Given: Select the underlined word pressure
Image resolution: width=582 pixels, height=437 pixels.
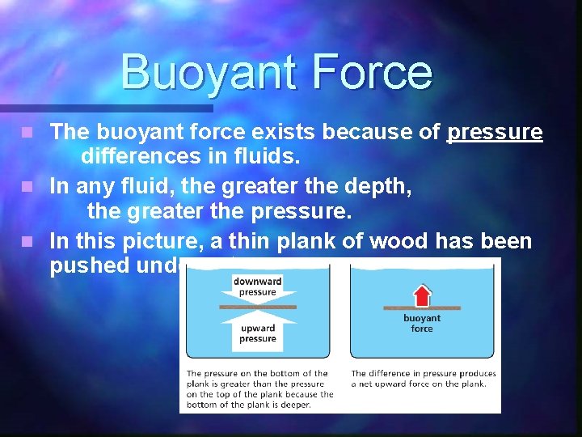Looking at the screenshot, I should point(495,132).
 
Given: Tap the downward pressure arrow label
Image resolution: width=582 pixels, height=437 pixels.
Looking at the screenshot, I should point(256,286).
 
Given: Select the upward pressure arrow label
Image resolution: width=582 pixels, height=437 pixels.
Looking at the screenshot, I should point(257,333).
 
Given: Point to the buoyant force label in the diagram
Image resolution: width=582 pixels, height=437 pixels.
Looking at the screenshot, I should point(421,324).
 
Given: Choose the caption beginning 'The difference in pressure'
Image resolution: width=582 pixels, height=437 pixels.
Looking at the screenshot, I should point(423,379).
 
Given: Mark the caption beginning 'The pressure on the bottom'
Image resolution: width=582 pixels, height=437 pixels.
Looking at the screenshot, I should point(259,388).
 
